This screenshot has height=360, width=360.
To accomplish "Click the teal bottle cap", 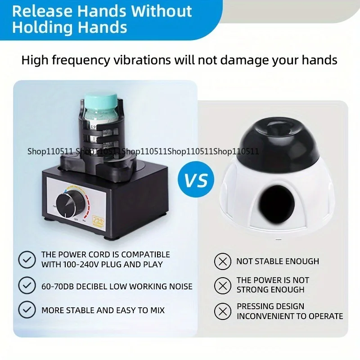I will click(x=102, y=102).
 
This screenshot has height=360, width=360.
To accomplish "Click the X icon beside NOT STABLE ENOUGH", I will click(x=222, y=261).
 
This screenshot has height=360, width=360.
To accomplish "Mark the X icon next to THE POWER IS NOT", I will click(x=222, y=285).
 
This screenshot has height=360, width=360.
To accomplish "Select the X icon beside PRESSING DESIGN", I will click(x=222, y=311).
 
